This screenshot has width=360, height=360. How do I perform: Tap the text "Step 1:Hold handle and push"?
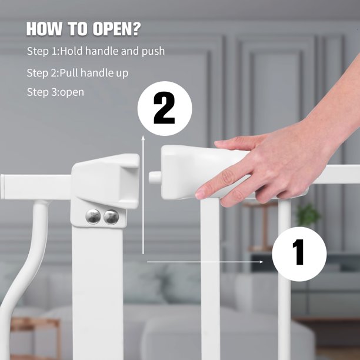(96, 51)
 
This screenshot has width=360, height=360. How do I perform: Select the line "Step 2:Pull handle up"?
(78, 73)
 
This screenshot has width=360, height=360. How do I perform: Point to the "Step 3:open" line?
(55, 92)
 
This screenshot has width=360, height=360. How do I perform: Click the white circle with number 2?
(165, 109)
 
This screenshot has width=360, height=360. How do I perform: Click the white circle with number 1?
(299, 254)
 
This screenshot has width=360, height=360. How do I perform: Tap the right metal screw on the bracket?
(111, 217)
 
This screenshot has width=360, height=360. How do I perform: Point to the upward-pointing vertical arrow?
(143, 194)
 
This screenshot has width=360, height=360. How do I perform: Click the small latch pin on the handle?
(155, 177)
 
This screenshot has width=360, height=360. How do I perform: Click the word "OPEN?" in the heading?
(117, 28)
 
